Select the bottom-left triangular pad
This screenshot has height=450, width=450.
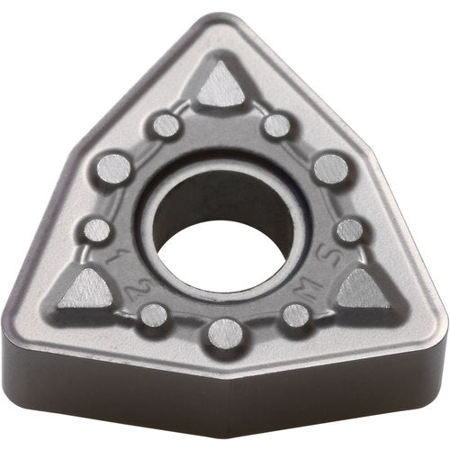89,288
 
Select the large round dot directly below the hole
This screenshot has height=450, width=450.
225,333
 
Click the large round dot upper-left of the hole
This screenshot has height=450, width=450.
114,167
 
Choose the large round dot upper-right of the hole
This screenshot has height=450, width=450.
331,168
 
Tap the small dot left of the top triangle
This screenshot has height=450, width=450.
166,125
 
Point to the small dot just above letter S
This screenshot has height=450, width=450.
349,230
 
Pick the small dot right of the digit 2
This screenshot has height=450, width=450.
154,315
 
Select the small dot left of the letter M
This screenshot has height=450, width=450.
295,315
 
